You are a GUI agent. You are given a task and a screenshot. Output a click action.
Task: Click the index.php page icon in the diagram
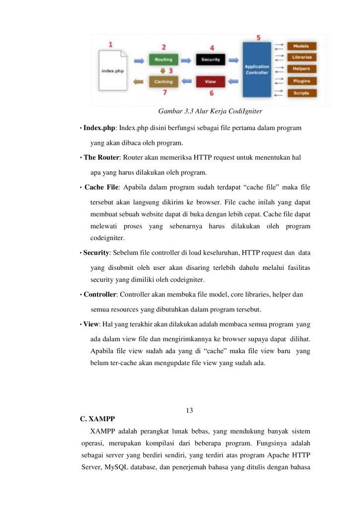pos(113,70)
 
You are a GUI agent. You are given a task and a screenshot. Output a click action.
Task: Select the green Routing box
pos(163,60)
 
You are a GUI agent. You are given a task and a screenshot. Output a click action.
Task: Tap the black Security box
pos(211,60)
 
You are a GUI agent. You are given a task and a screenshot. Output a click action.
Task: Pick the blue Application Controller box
pos(257,69)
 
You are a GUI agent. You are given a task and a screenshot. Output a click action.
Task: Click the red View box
pos(211,81)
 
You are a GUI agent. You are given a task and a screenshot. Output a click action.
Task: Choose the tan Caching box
pos(163,81)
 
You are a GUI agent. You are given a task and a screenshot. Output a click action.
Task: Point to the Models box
pos(302,46)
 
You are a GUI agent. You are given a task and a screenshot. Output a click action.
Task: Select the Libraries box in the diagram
pos(302,57)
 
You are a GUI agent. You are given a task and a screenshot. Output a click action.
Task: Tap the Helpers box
pos(302,68)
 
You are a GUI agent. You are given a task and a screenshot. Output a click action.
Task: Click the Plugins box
pos(302,80)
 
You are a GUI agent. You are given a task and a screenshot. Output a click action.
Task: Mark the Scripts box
pos(302,93)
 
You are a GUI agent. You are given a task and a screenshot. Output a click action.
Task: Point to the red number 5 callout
pos(258,38)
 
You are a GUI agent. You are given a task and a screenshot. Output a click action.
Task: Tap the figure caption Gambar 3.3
pos(210,110)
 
